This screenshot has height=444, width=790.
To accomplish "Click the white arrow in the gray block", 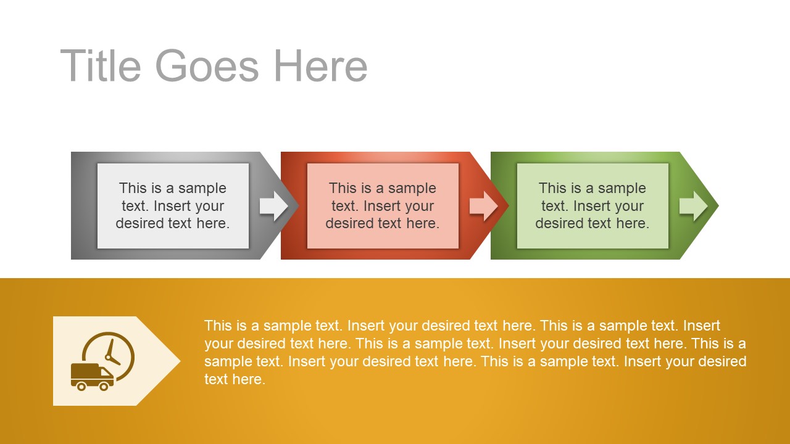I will [273, 206].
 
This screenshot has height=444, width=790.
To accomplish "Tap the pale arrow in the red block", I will [483, 206].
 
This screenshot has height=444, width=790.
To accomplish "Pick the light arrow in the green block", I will [693, 206].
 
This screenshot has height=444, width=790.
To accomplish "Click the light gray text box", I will [173, 206].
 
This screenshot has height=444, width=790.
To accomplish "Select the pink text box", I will [383, 206].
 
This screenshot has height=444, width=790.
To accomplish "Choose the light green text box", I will [592, 206].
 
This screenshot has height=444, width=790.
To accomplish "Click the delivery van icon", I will [91, 376].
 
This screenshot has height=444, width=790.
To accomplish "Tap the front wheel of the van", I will [104, 387].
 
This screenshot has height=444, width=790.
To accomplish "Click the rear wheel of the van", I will [80, 387].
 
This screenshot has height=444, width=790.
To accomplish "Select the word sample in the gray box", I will [202, 188].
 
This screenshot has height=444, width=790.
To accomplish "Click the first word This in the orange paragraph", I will [217, 326].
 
